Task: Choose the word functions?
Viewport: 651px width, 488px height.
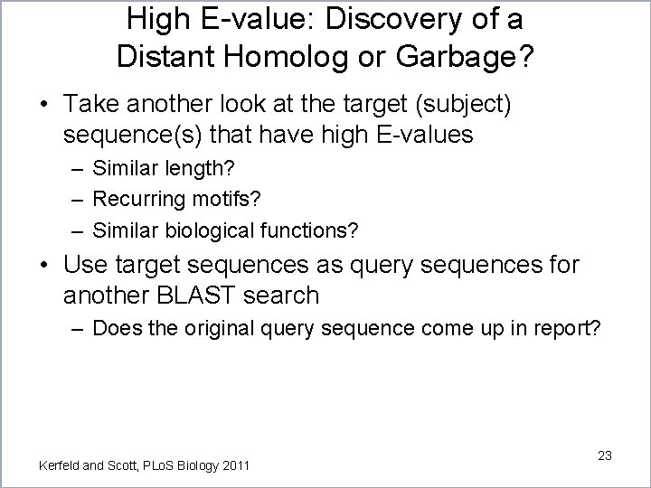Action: coord(313,231)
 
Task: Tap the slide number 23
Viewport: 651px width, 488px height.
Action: coord(604,456)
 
